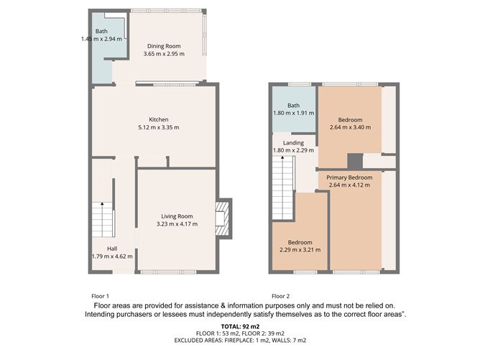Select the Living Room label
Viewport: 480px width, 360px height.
[177, 216]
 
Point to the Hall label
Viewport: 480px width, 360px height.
[112, 248]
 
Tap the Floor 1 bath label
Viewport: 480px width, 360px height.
[102, 31]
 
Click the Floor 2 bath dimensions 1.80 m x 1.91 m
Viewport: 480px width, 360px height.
[293, 113]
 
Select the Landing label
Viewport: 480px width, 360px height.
[293, 142]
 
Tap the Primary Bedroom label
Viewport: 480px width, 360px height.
[349, 177]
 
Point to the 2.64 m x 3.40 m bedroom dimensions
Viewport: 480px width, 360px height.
[349, 127]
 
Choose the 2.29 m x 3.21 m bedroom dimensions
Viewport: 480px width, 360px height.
[300, 250]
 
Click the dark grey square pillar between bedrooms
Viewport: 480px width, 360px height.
[354, 160]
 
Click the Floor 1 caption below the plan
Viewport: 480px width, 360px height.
[100, 296]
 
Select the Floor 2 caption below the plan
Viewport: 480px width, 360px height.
[281, 296]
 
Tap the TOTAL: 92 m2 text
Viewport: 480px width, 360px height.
[240, 326]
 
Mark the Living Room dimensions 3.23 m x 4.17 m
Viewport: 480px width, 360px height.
[177, 223]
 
